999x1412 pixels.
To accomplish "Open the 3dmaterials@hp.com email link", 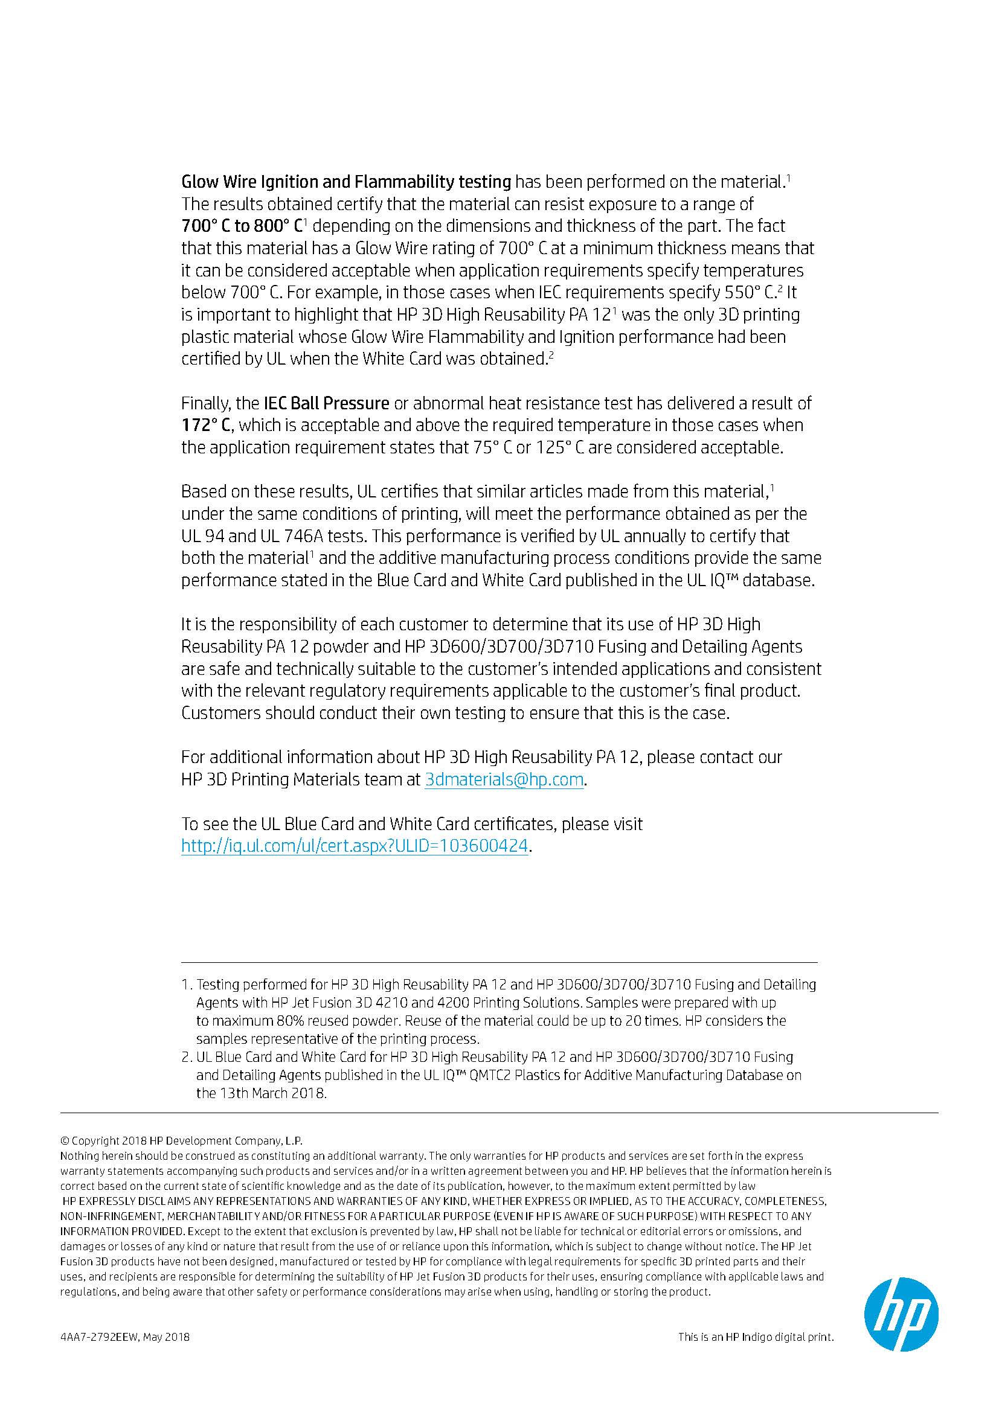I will [x=504, y=780].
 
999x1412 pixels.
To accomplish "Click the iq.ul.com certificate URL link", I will [x=355, y=846].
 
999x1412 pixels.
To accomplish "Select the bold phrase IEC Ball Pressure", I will [x=326, y=403].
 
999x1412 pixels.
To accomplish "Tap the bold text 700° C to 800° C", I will [x=242, y=226].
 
